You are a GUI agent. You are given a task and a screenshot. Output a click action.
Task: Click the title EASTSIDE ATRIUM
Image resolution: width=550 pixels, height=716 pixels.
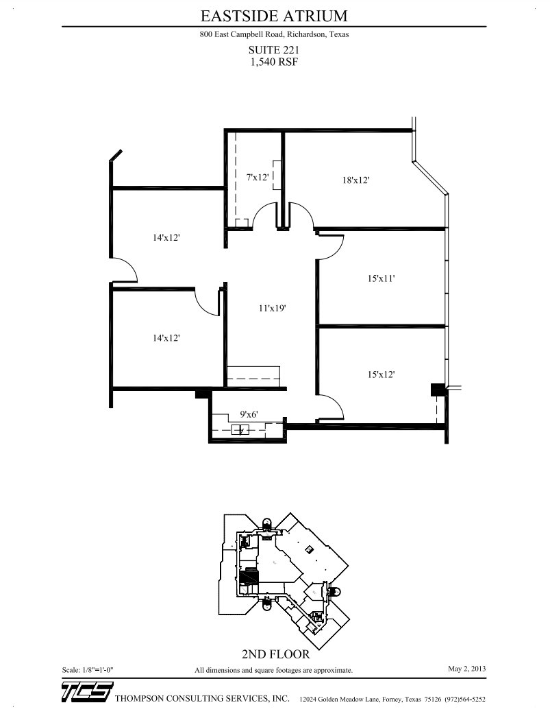(x=274, y=16)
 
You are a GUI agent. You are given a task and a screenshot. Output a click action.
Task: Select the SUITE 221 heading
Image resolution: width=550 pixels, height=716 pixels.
(x=274, y=49)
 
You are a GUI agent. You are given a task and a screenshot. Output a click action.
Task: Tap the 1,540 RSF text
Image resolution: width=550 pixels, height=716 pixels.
(x=274, y=60)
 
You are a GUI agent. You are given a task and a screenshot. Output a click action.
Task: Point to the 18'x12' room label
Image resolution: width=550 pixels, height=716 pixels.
(x=356, y=180)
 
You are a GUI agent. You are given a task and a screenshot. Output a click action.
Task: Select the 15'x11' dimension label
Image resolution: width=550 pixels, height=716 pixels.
(x=382, y=278)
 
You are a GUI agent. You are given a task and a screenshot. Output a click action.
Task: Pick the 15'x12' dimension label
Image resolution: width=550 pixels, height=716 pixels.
(x=382, y=374)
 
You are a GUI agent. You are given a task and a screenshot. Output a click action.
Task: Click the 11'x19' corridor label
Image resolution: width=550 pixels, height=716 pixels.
(x=272, y=309)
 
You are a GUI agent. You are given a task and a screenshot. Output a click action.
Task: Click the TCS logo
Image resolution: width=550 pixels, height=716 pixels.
(x=86, y=693)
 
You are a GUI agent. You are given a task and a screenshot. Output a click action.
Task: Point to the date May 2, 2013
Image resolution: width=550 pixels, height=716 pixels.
(x=466, y=668)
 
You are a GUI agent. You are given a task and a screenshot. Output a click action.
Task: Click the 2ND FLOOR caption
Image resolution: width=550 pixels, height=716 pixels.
(x=273, y=654)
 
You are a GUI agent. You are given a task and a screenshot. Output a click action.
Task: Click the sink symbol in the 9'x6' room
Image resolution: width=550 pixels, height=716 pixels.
(x=240, y=430)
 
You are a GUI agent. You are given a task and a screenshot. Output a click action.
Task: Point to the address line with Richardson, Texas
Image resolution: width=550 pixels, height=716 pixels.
(x=274, y=35)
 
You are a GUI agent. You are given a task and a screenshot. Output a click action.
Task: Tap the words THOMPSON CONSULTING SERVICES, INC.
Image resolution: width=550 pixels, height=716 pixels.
(x=203, y=699)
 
